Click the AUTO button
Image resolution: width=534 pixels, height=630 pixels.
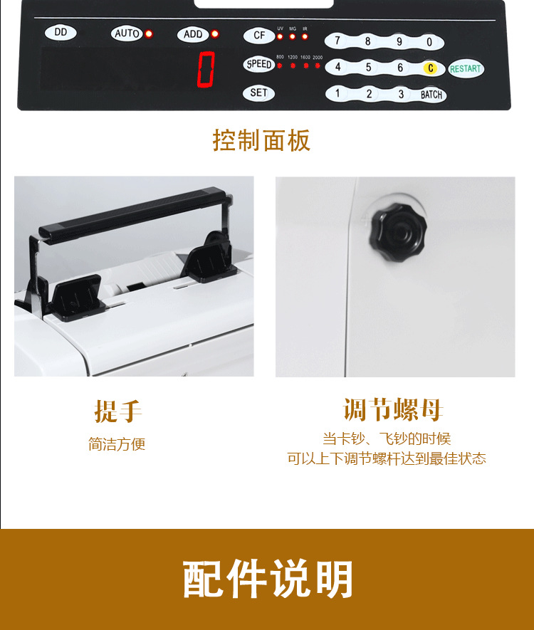pyautogui.click(x=127, y=33)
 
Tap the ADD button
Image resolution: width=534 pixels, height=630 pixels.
pyautogui.click(x=193, y=34)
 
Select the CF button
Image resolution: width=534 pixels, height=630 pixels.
pyautogui.click(x=258, y=36)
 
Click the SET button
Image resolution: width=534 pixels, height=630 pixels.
pyautogui.click(x=258, y=93)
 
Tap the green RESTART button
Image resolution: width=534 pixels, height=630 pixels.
pyautogui.click(x=466, y=69)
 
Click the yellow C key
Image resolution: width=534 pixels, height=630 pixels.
pyautogui.click(x=430, y=68)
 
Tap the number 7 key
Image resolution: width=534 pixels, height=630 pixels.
pyautogui.click(x=337, y=41)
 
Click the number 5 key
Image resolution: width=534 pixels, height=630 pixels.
pyautogui.click(x=368, y=68)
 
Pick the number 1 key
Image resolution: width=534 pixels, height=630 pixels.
pyautogui.click(x=337, y=94)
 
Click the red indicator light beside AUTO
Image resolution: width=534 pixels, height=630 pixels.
pyautogui.click(x=149, y=33)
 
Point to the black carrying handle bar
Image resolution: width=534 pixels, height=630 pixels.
pyautogui.click(x=132, y=213)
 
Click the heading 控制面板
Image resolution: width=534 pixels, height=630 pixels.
pyautogui.click(x=261, y=140)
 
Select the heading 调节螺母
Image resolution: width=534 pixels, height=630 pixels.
pyautogui.click(x=393, y=411)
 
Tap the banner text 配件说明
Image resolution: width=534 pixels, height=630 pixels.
pyautogui.click(x=268, y=579)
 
